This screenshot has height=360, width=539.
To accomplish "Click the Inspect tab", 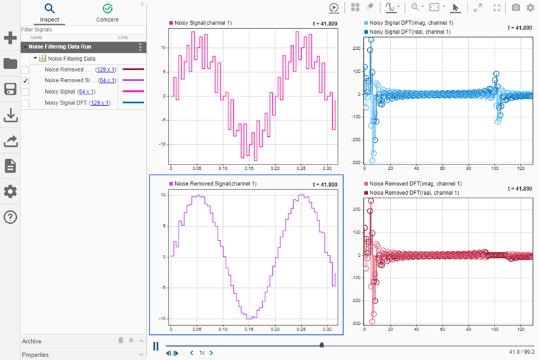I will [49, 13].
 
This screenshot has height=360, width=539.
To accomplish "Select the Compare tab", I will [107, 13].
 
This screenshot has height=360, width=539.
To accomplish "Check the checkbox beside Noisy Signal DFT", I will [26, 103].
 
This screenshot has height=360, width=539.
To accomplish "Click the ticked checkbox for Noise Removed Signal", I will [26, 80].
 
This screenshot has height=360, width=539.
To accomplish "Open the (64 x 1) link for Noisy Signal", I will [86, 92].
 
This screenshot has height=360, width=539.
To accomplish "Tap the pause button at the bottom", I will [156, 346].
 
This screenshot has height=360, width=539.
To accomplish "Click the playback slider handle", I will [321, 345].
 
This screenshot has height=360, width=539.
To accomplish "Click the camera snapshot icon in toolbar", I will [516, 7].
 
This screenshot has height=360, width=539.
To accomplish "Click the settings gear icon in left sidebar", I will [10, 191].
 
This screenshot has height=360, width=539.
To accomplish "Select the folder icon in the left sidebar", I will [10, 64].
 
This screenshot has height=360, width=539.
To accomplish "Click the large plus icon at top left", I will [10, 38].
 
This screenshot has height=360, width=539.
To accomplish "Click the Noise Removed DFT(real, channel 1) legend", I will [415, 193].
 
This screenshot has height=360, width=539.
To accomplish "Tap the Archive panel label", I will [32, 341].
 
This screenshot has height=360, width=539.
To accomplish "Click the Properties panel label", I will [36, 355].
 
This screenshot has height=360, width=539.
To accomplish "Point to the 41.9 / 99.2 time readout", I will [521, 352].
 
